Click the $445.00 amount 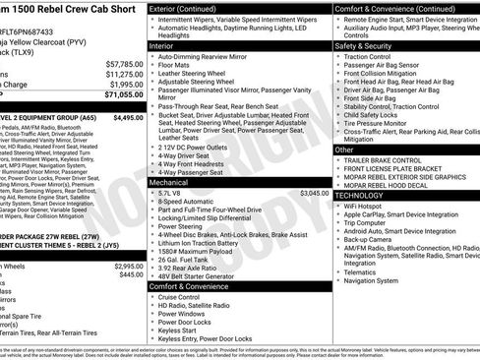130,275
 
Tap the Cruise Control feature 183,296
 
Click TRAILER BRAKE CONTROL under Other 384,160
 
